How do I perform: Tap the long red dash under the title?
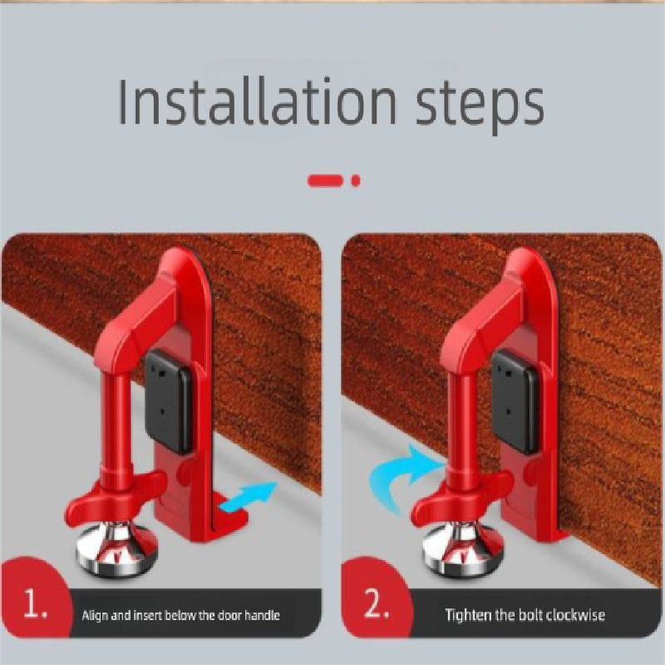coord(324,180)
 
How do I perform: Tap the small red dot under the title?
coord(356,180)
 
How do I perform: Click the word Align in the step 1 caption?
coord(94,616)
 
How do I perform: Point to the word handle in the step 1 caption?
coord(261,616)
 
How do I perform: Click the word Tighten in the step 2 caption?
coord(469,615)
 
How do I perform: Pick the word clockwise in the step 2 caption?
coord(576,615)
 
